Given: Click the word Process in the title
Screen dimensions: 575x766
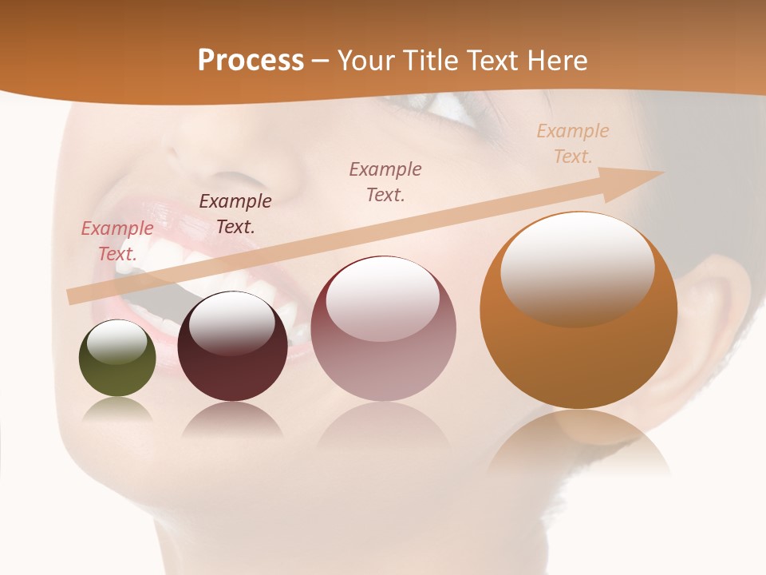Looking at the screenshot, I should pos(251,61).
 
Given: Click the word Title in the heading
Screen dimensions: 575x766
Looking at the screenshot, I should pos(434,61).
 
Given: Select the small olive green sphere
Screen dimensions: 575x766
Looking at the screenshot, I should pos(117,359).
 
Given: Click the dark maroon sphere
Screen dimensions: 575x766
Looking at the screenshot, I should pos(232,347).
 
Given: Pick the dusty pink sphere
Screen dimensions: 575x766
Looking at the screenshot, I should pos(383,329).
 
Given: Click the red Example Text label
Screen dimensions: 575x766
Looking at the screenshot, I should pos(117,241).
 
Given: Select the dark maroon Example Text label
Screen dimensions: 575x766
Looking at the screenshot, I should pos(235,214).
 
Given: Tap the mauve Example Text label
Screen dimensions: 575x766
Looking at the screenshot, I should pos(385,181).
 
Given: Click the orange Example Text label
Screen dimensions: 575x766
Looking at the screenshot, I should pos(572,144).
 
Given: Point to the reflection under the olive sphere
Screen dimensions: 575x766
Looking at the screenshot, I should pos(117,410).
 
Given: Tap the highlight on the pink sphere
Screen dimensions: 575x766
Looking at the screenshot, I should pos(383,298).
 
